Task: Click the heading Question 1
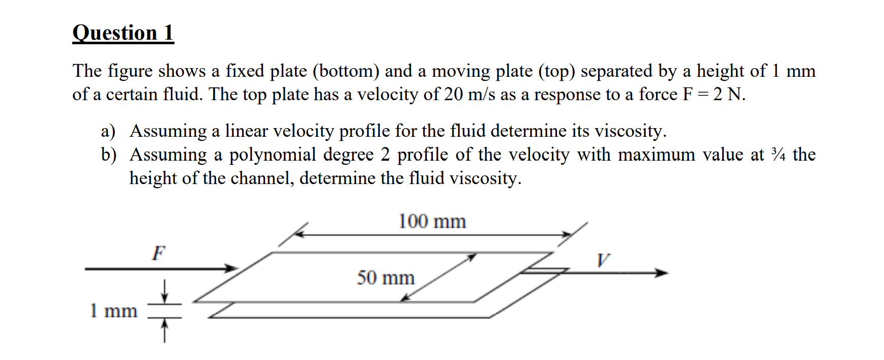coord(123,33)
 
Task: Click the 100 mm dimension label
coord(432,222)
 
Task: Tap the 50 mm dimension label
coord(386,278)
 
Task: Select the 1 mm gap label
coord(113,311)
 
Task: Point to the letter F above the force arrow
coord(159,253)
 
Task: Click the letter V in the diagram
coord(603,261)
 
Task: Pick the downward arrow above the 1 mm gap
coord(164,292)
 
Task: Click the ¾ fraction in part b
coord(778,155)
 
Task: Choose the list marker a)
coord(108,131)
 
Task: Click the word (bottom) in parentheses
coord(346,71)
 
